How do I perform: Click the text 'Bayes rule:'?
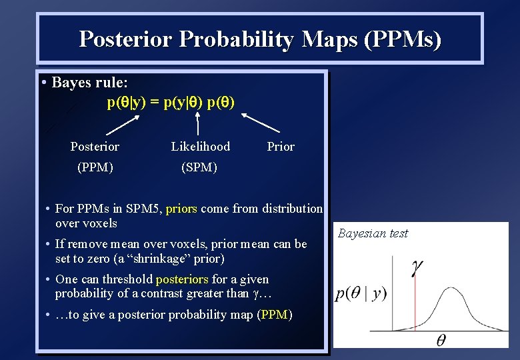pyautogui.click(x=89, y=83)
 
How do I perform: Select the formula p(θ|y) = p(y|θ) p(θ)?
pyautogui.click(x=171, y=103)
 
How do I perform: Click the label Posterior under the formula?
pyautogui.click(x=95, y=147)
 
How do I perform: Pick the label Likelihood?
pyautogui.click(x=200, y=147)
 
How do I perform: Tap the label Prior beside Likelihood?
pyautogui.click(x=280, y=147)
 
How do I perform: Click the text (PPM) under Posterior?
pyautogui.click(x=95, y=167)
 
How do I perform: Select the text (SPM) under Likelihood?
pyautogui.click(x=199, y=167)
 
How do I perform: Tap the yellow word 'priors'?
pyautogui.click(x=181, y=209)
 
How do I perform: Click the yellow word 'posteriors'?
pyautogui.click(x=182, y=279)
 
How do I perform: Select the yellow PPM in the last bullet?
pyautogui.click(x=274, y=315)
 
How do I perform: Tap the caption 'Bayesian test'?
pyautogui.click(x=373, y=233)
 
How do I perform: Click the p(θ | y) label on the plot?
pyautogui.click(x=361, y=294)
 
